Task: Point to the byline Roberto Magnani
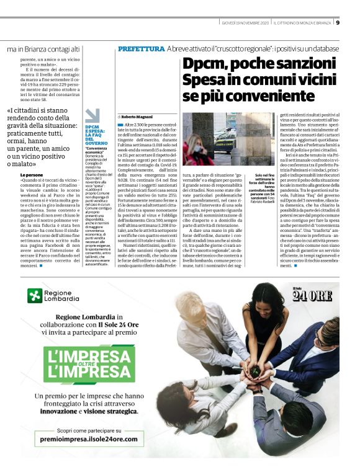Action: click(138, 116)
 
